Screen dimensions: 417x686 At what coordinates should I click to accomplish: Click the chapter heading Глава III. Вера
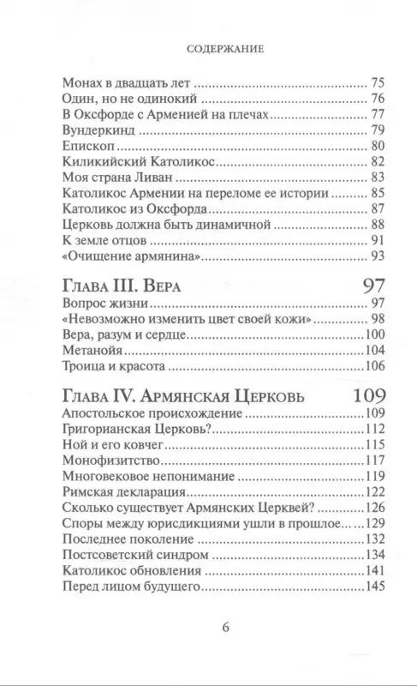pyautogui.click(x=128, y=287)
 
